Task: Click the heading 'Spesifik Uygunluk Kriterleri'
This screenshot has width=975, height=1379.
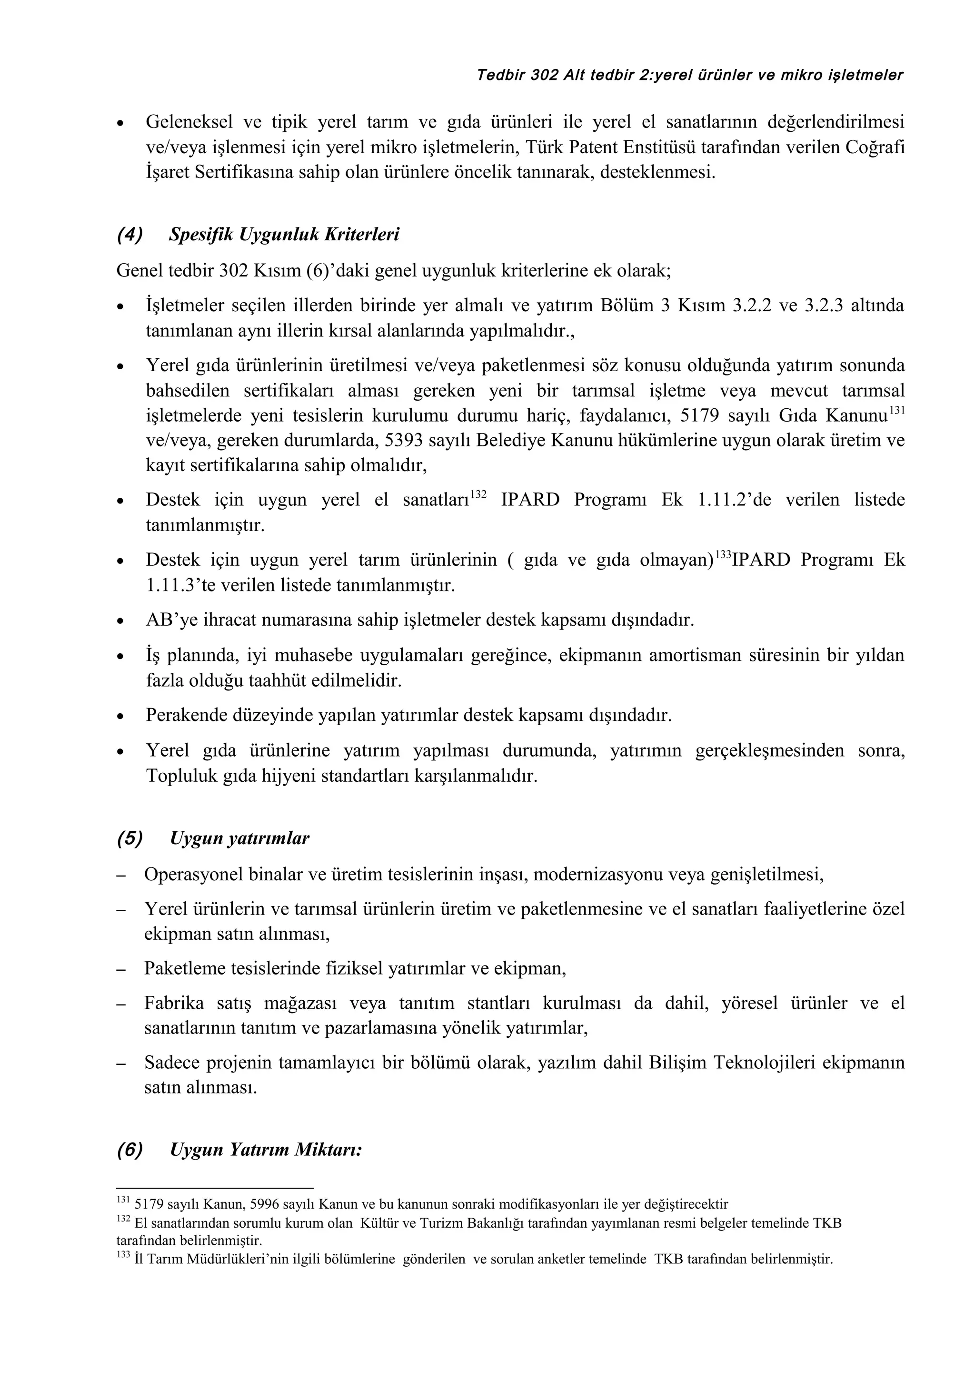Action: click(x=284, y=234)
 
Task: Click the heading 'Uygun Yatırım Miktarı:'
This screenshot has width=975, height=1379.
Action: click(x=266, y=1150)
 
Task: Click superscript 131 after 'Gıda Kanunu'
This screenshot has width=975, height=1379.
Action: click(x=896, y=410)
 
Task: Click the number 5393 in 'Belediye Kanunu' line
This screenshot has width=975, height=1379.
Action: click(x=404, y=440)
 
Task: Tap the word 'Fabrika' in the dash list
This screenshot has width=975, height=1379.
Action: click(x=174, y=1003)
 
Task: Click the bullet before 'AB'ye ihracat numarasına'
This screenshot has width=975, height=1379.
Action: click(x=121, y=621)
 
